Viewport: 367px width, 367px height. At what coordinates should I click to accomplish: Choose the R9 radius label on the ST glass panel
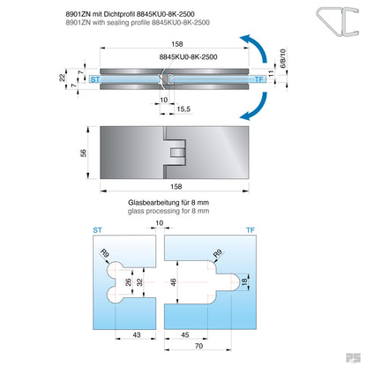(107, 256)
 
